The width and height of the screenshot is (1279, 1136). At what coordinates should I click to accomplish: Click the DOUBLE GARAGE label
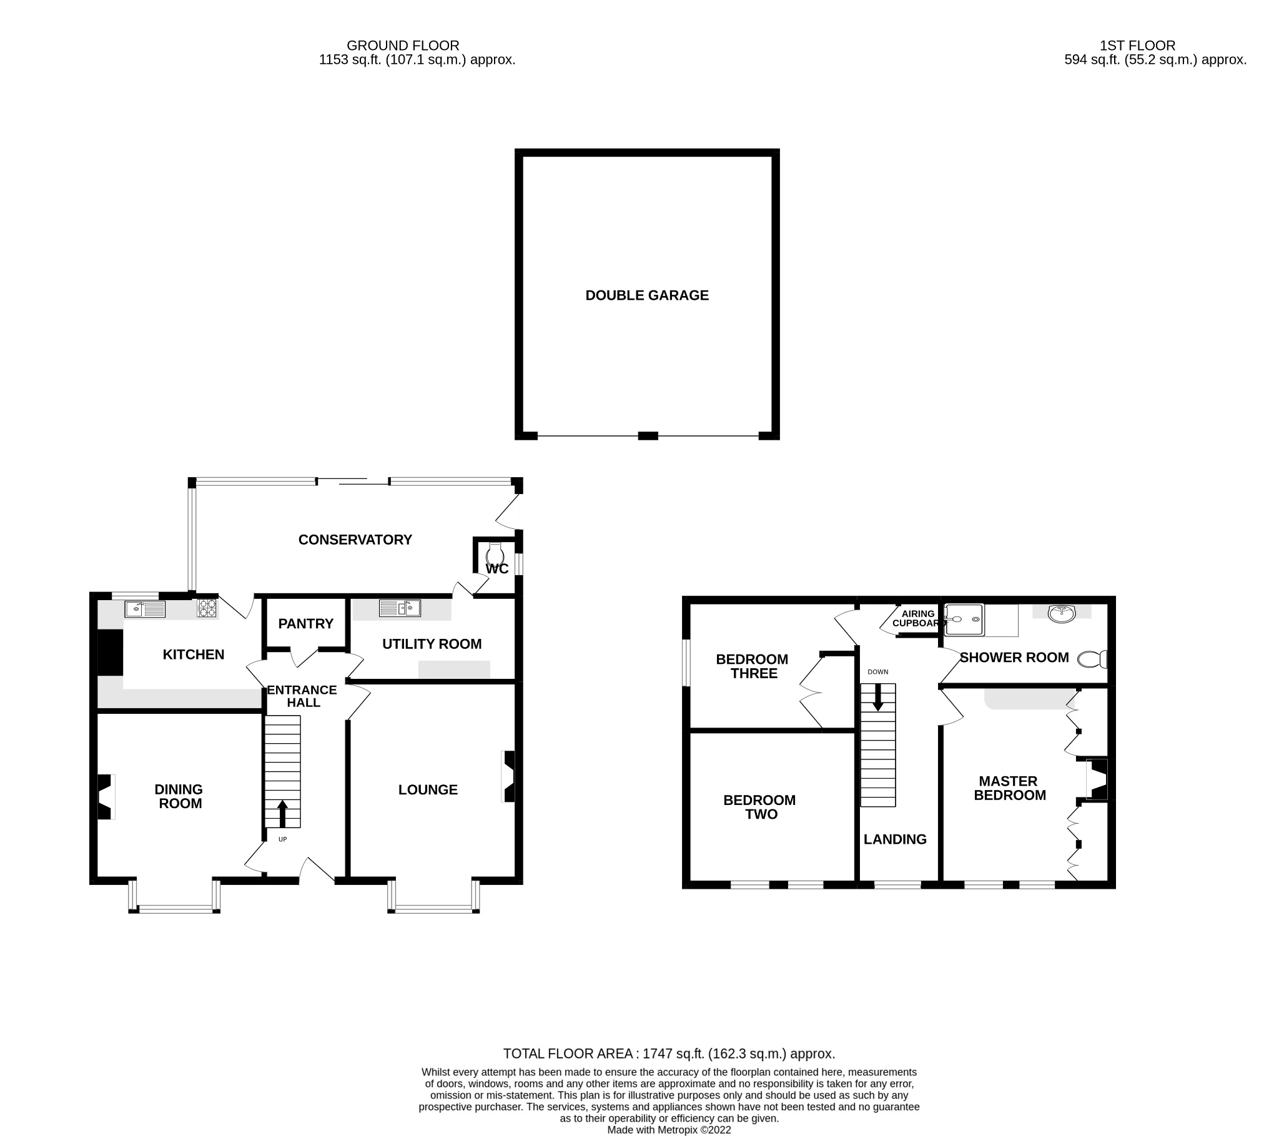tap(646, 295)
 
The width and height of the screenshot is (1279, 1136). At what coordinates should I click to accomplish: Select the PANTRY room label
tap(305, 623)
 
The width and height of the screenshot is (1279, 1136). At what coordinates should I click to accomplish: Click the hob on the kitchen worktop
tap(208, 608)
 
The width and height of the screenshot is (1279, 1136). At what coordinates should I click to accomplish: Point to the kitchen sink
tap(145, 608)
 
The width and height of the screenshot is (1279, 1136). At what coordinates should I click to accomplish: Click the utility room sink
tap(400, 608)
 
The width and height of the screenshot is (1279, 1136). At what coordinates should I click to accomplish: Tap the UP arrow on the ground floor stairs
tap(282, 812)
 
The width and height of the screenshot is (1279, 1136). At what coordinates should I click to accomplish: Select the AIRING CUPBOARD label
tap(917, 618)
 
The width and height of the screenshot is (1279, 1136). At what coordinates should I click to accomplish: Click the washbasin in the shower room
tap(1061, 614)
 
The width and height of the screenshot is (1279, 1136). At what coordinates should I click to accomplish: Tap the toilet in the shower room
tap(1092, 659)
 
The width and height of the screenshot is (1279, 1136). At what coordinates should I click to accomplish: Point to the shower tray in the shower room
tap(964, 620)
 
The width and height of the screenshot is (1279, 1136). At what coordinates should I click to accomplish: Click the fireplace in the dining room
tap(105, 797)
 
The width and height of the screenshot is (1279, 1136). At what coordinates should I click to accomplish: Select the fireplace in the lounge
tap(509, 776)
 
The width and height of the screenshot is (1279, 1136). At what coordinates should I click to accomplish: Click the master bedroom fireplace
tap(1096, 779)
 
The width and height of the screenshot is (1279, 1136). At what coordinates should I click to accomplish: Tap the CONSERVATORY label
tap(355, 540)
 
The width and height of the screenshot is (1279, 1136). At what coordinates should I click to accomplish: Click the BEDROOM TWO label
tap(759, 807)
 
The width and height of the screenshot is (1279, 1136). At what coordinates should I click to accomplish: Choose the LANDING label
tap(894, 839)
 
